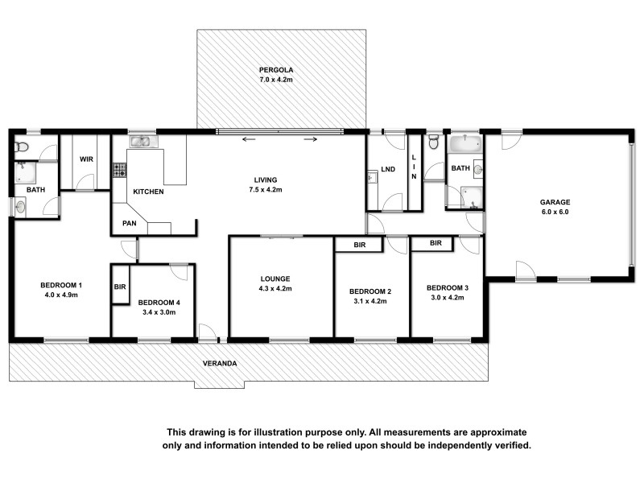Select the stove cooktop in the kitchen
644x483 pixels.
pyautogui.click(x=119, y=170)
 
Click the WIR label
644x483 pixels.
pyautogui.click(x=85, y=159)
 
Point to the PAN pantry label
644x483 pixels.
pyautogui.click(x=129, y=223)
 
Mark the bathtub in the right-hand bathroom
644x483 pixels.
pyautogui.click(x=465, y=146)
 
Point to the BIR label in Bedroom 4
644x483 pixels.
pyautogui.click(x=120, y=286)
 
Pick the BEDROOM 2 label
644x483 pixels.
pyautogui.click(x=370, y=291)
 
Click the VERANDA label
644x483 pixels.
pyautogui.click(x=221, y=364)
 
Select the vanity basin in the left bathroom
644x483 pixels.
pyautogui.click(x=21, y=208)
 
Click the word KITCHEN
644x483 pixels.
pyautogui.click(x=149, y=192)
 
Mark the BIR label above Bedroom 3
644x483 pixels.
pyautogui.click(x=436, y=242)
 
